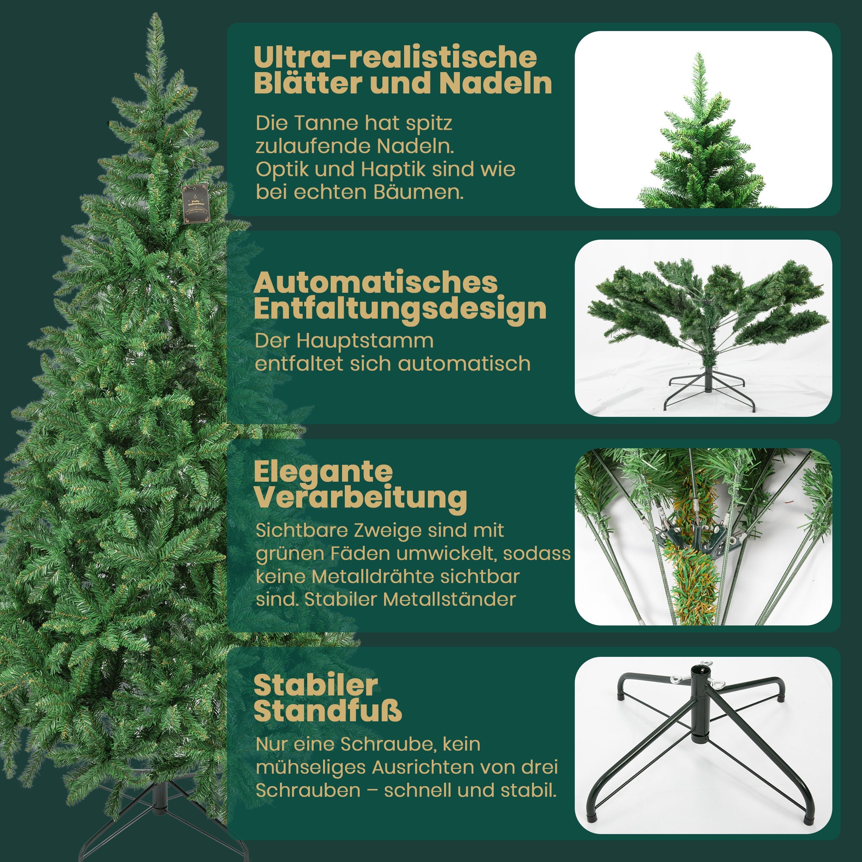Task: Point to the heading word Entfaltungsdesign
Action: (x=400, y=309)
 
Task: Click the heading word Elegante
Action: (x=323, y=472)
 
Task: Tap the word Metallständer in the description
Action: (x=449, y=599)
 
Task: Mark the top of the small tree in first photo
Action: (x=698, y=56)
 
